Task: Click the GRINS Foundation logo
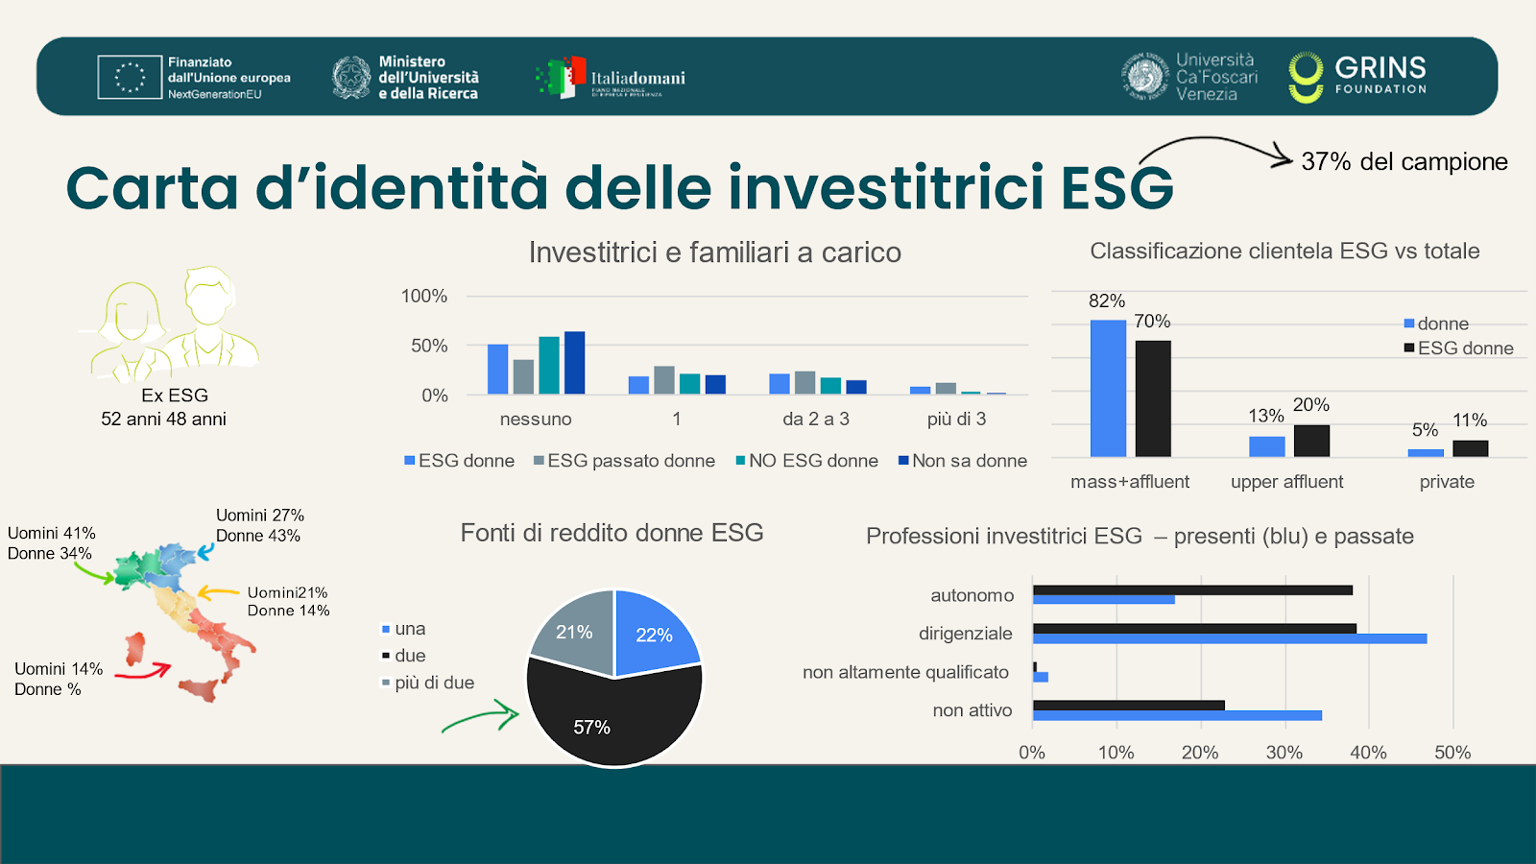pyautogui.click(x=1357, y=77)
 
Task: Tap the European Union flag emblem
pyautogui.click(x=130, y=77)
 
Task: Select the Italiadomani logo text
pyautogui.click(x=637, y=78)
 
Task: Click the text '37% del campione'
pyautogui.click(x=1404, y=161)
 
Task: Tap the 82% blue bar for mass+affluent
pyautogui.click(x=1108, y=388)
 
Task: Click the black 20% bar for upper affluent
pyautogui.click(x=1311, y=441)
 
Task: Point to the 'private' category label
pyautogui.click(x=1447, y=482)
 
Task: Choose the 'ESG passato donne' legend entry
pyautogui.click(x=624, y=461)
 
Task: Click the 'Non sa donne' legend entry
pyautogui.click(x=963, y=461)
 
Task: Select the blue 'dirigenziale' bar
pyautogui.click(x=1229, y=638)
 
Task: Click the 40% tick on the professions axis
pyautogui.click(x=1368, y=753)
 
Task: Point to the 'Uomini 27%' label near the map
pyautogui.click(x=259, y=516)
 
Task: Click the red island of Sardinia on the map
pyautogui.click(x=135, y=649)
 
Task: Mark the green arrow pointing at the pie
pyautogui.click(x=480, y=718)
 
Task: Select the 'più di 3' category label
pyautogui.click(x=956, y=419)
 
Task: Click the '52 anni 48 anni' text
pyautogui.click(x=163, y=419)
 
